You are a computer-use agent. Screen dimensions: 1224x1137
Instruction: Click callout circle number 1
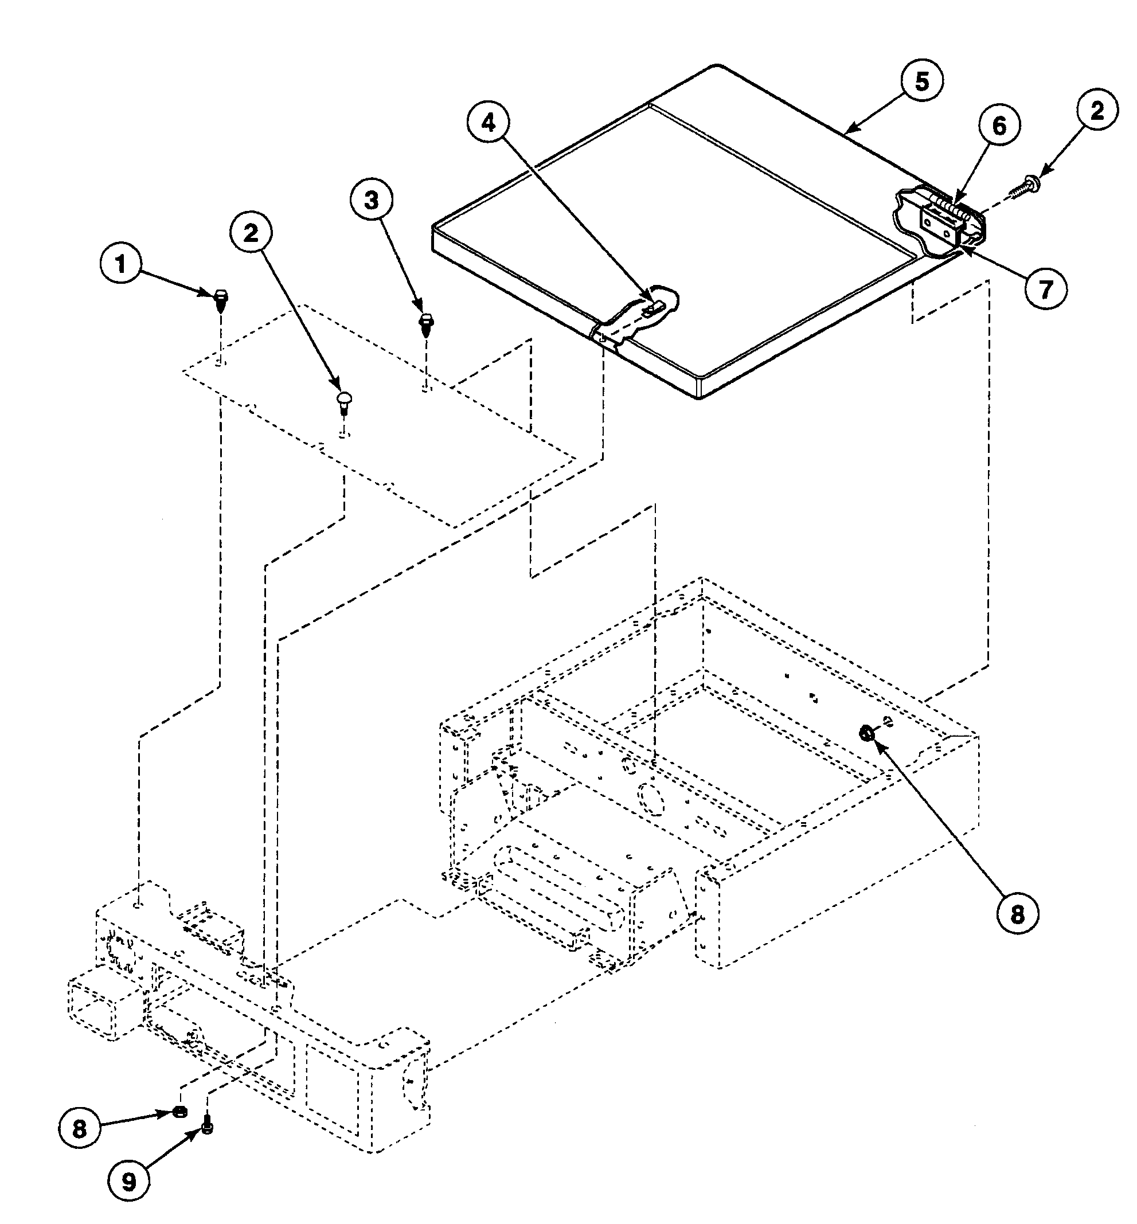[x=120, y=264]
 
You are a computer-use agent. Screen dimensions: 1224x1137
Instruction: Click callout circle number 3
[x=372, y=200]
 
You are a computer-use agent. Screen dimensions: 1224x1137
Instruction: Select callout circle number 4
[x=488, y=124]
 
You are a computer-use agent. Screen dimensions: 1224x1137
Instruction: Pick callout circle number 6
[x=999, y=126]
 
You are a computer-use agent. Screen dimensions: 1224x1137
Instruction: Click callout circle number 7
[x=1046, y=289]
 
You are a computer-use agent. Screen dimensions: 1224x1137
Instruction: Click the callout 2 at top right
[x=1097, y=111]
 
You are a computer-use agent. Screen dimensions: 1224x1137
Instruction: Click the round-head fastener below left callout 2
[x=344, y=400]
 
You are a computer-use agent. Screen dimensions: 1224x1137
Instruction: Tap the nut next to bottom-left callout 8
[x=179, y=1111]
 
